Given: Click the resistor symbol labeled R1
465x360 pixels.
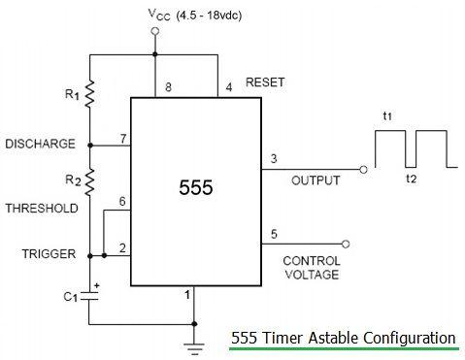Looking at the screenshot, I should click(89, 94).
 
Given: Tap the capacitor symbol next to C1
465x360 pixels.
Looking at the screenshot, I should click(89, 297).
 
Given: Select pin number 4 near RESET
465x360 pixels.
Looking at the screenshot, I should click(228, 88).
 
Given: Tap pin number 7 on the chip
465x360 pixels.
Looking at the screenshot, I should click(122, 139).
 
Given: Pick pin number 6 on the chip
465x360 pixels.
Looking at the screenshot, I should click(121, 200).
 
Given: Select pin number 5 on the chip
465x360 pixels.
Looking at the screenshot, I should click(273, 234).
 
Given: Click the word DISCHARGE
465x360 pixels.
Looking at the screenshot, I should click(40, 145).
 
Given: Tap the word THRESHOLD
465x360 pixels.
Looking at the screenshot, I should click(40, 209).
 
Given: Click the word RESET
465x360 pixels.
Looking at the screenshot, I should click(266, 82).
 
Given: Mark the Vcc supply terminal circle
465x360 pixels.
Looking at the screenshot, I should click(155, 32).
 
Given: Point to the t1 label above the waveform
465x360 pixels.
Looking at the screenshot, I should click(387, 116).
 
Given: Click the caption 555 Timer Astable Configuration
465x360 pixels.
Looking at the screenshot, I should click(343, 339).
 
